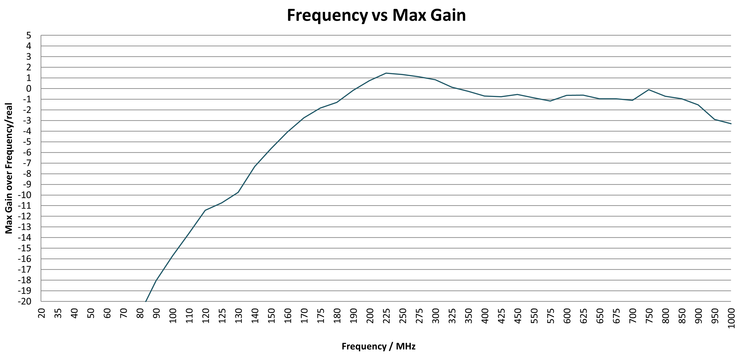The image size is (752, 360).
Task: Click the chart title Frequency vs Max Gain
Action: pos(376,15)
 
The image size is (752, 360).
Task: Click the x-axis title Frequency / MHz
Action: pos(378,346)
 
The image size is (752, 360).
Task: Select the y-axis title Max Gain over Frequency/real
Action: pos(9,168)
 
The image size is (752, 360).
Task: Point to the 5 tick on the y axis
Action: pos(29,36)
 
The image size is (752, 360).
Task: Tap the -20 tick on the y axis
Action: pos(24,301)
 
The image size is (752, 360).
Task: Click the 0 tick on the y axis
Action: pos(29,89)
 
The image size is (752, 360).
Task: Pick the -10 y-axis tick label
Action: pos(24,195)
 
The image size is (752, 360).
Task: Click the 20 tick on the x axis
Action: pos(42,314)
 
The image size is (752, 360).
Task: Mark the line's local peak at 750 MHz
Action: pos(649,90)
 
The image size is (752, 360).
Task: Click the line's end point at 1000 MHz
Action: pos(731,124)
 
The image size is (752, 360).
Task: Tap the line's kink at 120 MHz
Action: pos(205,210)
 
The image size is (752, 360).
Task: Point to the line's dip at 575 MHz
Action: pos(550,101)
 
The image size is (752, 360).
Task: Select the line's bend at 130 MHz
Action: pos(238,192)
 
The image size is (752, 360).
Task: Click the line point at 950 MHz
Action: pos(714,119)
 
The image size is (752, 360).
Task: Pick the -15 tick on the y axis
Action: pos(24,248)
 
